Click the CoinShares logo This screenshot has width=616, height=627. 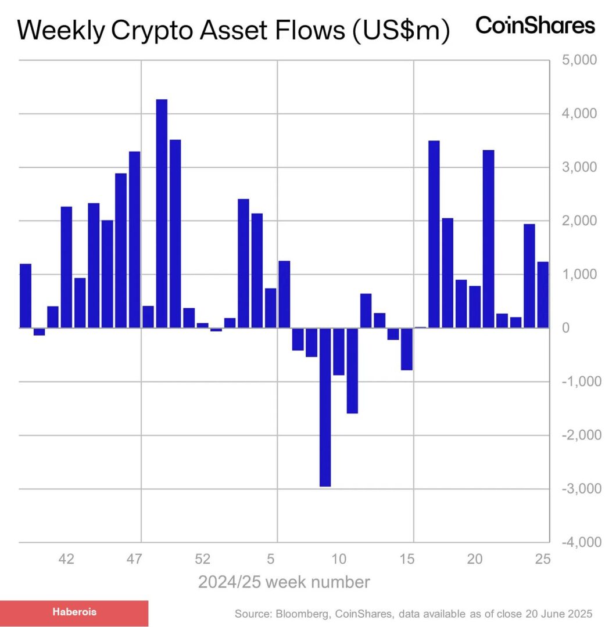pyautogui.click(x=535, y=26)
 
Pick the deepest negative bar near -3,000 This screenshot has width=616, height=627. pyautogui.click(x=325, y=406)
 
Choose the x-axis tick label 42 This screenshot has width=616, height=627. pyautogui.click(x=67, y=559)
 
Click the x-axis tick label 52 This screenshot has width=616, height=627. pyautogui.click(x=202, y=559)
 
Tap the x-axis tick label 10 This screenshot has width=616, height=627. pyautogui.click(x=339, y=559)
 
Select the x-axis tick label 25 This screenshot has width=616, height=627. pyautogui.click(x=542, y=559)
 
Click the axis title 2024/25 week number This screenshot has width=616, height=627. pyautogui.click(x=284, y=582)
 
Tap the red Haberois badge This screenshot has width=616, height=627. pyautogui.click(x=74, y=612)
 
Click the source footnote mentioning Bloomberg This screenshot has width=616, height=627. pyautogui.click(x=413, y=614)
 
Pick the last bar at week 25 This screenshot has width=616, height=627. pyautogui.click(x=543, y=295)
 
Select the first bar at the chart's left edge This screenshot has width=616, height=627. pyautogui.click(x=26, y=296)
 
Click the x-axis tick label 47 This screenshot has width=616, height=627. pyautogui.click(x=135, y=559)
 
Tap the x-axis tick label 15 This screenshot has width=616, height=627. pyautogui.click(x=407, y=559)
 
